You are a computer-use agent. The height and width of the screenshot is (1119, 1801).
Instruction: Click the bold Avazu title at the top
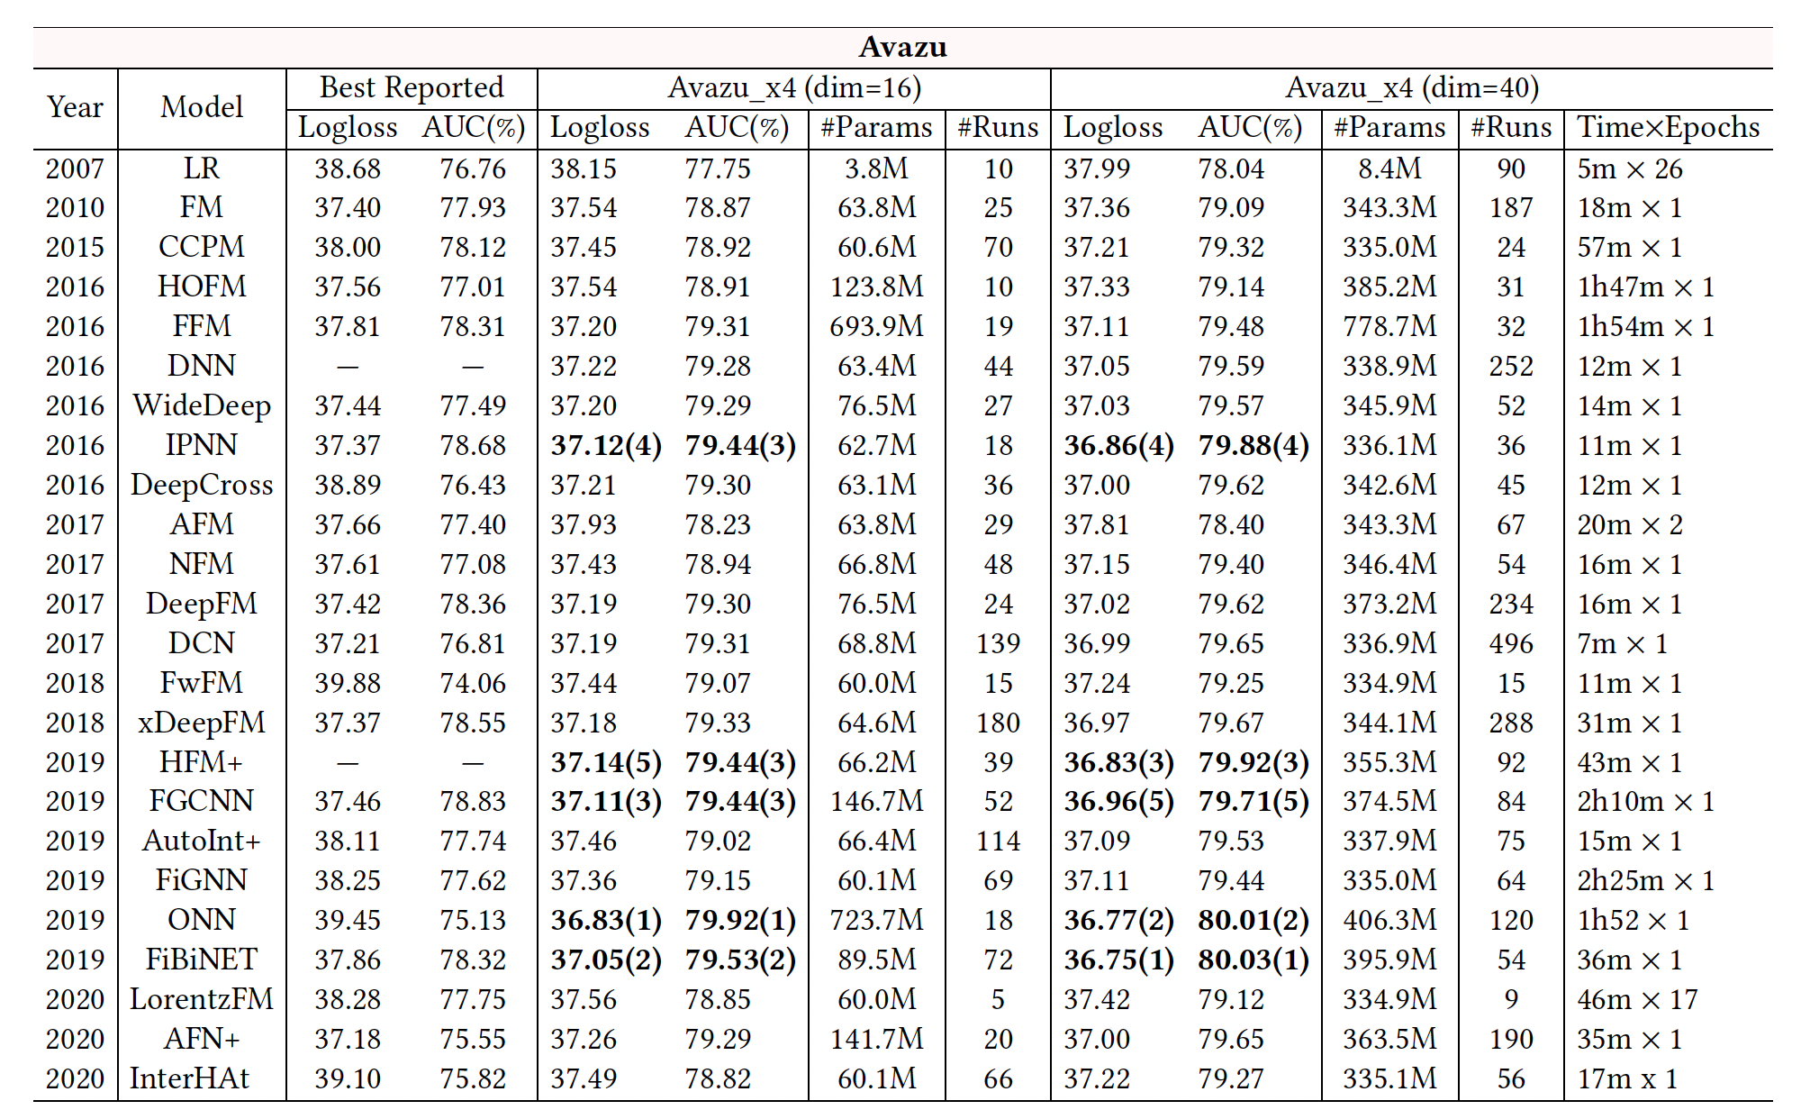pos(902,47)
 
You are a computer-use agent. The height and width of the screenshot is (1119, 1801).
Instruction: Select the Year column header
pos(75,107)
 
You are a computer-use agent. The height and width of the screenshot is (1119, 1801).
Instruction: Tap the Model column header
pos(202,107)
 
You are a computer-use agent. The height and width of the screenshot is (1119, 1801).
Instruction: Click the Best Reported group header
pos(412,87)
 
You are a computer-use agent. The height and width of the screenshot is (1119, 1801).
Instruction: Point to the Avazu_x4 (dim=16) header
pos(794,87)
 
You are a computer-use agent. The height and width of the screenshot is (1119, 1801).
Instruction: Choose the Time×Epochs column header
pos(1668,127)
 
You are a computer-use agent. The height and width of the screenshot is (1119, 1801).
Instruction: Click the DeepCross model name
pos(202,485)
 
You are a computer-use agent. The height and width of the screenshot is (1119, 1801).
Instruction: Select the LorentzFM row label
pos(202,999)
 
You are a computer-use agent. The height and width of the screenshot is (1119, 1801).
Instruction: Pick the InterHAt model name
pos(189,1078)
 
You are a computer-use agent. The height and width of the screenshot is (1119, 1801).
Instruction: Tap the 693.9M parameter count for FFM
pos(876,326)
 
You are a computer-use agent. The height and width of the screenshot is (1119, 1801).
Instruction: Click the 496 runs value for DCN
pos(1511,643)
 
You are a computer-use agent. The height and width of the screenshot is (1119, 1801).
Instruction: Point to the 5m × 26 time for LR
pos(1630,168)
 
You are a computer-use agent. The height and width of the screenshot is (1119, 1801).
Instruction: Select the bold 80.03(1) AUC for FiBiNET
pos(1253,960)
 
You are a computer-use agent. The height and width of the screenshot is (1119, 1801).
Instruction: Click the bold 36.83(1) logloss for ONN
pos(606,920)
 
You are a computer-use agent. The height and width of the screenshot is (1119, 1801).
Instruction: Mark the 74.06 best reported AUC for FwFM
pos(473,683)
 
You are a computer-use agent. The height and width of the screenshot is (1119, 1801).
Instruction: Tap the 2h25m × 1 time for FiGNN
pos(1645,880)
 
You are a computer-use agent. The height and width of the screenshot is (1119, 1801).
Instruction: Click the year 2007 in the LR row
pos(75,168)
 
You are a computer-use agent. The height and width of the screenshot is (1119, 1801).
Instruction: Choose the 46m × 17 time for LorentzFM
pos(1637,999)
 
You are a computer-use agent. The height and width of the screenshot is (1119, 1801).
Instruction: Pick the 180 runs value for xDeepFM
pos(998,723)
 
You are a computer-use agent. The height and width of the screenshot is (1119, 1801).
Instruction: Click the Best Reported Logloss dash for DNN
pos(348,367)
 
